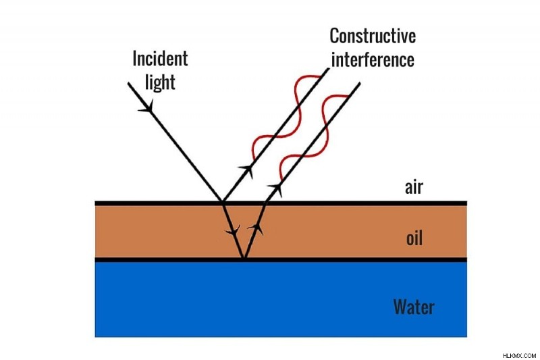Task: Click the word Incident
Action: (x=160, y=59)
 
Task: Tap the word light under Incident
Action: (x=160, y=82)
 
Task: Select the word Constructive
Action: (x=373, y=36)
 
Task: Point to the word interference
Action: (x=373, y=59)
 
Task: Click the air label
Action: (x=414, y=187)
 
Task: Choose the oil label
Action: (x=414, y=238)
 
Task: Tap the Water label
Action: (x=414, y=307)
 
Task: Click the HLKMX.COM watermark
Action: (x=519, y=355)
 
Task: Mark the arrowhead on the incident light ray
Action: (x=147, y=107)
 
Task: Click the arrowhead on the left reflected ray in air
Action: (x=248, y=170)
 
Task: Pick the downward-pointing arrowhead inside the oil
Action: (x=234, y=230)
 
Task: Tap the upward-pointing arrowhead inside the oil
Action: (x=256, y=228)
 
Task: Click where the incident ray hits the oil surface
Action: (x=223, y=202)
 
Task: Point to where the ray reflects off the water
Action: (x=244, y=258)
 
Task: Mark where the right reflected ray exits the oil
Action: (x=265, y=203)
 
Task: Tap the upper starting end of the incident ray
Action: (x=128, y=83)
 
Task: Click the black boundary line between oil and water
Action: (x=281, y=260)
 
